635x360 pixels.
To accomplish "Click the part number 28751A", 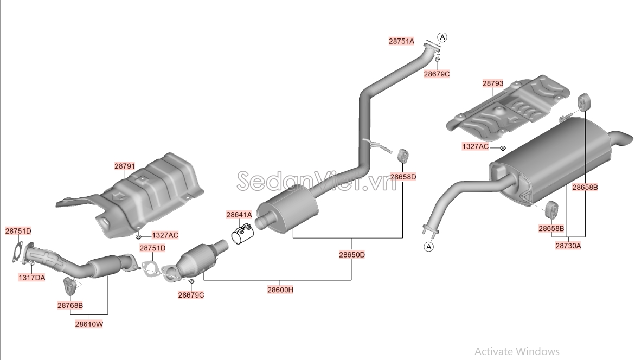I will point(401,41).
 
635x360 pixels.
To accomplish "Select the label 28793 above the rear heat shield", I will point(492,83).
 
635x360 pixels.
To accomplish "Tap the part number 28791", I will point(125,167).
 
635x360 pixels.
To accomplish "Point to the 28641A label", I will point(239,215).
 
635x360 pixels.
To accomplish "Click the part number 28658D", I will point(403,177).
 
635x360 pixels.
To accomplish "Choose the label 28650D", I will point(352,255).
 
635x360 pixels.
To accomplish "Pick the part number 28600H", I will point(280,290).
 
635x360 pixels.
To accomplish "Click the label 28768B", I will point(70,305).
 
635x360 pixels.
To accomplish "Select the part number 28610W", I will point(89,324).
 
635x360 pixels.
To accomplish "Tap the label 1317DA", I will point(32,277).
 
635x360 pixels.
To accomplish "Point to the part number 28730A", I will point(568,245).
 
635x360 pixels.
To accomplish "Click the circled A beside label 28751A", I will point(442,37).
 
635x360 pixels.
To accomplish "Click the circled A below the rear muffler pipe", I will point(428,247).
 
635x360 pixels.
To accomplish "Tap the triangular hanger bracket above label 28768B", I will point(69,285).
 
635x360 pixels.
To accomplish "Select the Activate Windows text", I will point(517,351).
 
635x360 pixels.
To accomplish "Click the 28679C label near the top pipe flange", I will point(437,74).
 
